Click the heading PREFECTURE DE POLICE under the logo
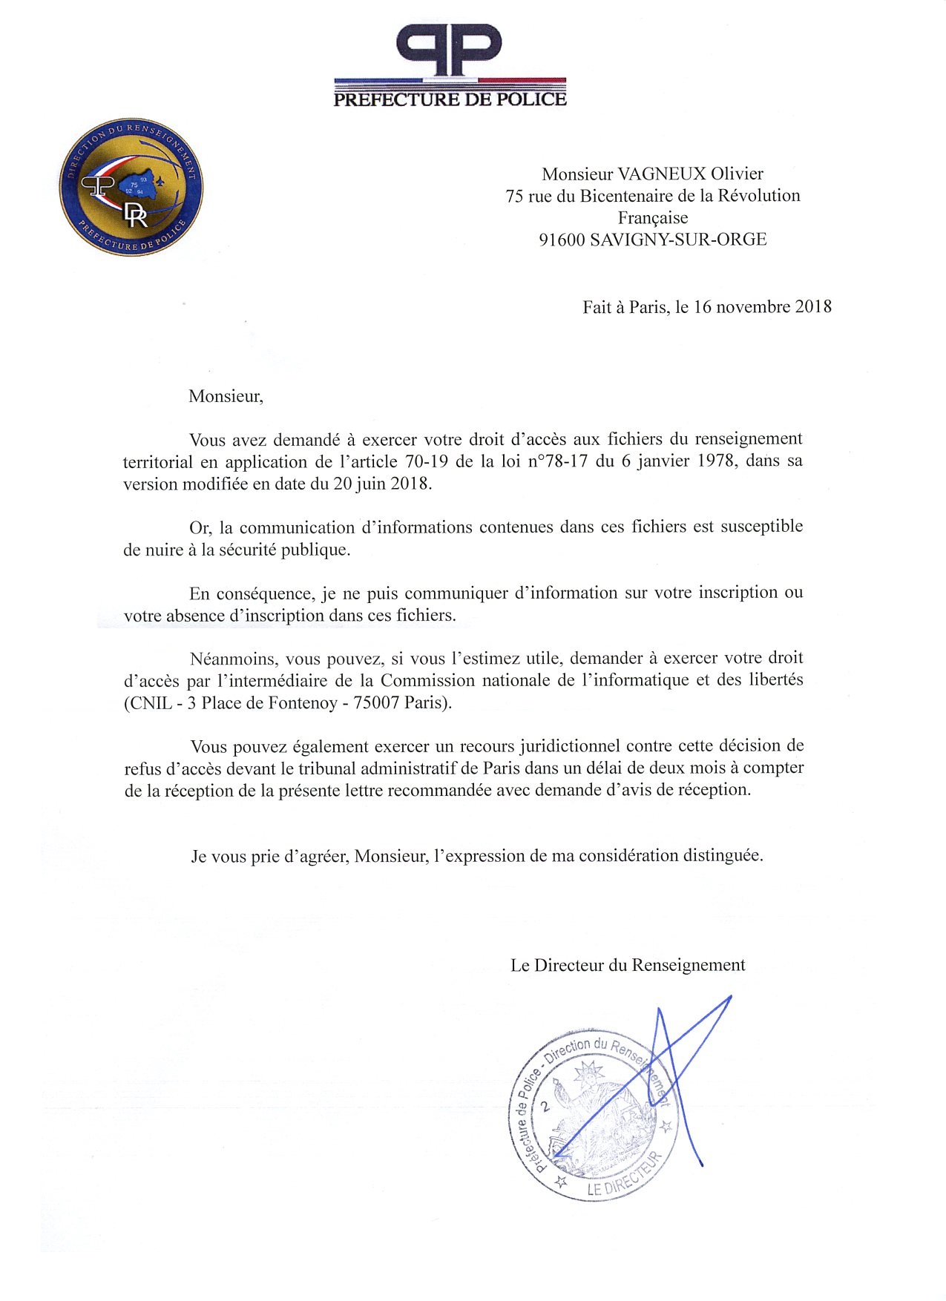tap(450, 99)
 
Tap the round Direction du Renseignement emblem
tap(131, 186)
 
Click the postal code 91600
tap(562, 240)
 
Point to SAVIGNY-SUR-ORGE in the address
tap(678, 240)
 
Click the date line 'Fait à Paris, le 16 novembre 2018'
tap(706, 307)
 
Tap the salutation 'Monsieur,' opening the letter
tap(226, 396)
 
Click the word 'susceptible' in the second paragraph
tap(761, 527)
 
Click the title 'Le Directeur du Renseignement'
tap(628, 966)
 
